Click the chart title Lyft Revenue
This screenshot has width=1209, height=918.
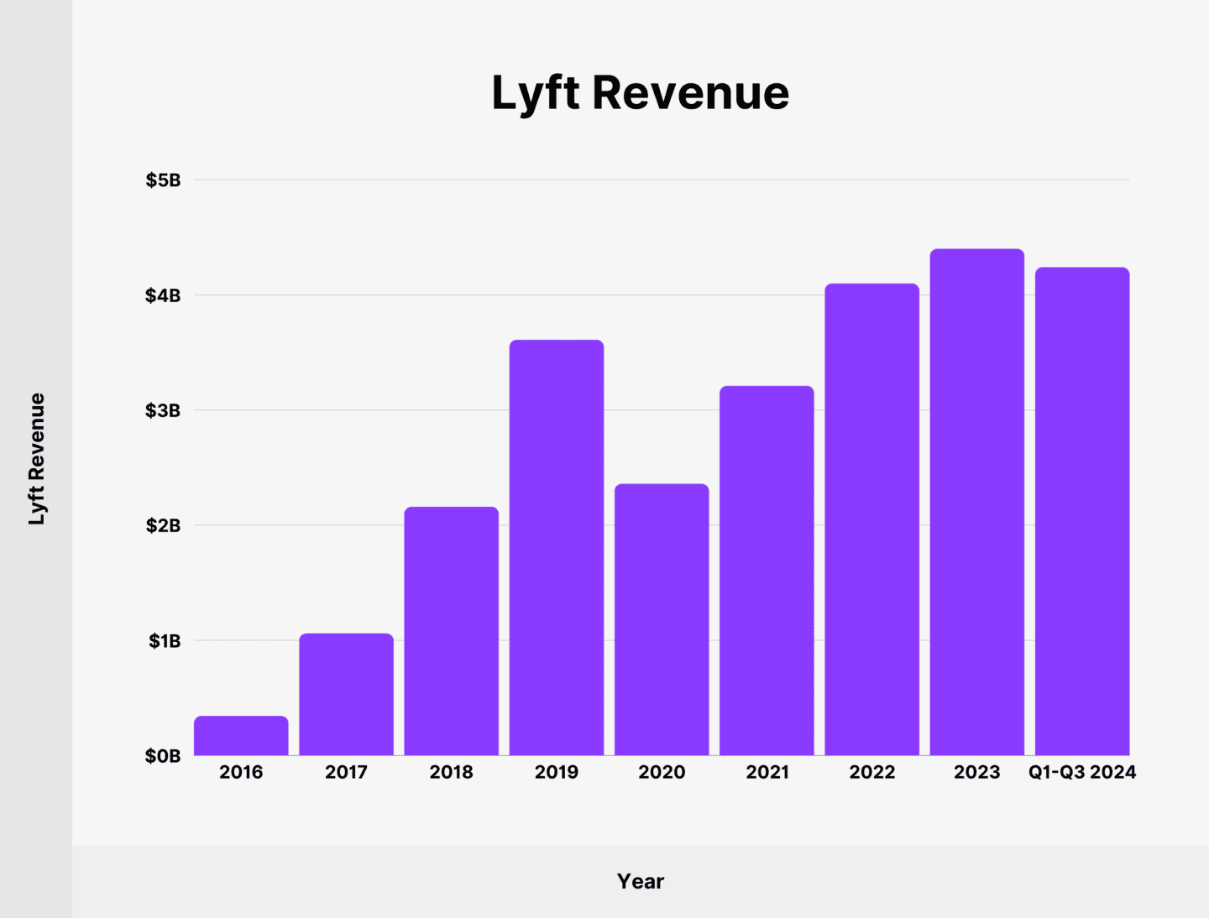pos(640,92)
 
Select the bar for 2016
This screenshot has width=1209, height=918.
pos(241,736)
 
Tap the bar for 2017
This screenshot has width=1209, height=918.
pos(346,695)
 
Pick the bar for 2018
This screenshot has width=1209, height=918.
pos(451,631)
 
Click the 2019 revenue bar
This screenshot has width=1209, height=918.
pos(556,548)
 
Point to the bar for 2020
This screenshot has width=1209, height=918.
pos(662,620)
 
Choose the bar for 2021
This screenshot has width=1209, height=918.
pos(767,571)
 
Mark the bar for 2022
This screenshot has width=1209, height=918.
pos(871,519)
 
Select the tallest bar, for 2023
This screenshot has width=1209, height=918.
pos(976,502)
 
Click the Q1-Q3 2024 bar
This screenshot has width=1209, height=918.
pos(1082,511)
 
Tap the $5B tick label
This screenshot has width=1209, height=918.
pos(163,180)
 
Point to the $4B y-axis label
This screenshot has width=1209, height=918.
pos(163,295)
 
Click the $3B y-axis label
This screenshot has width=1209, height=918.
pos(163,410)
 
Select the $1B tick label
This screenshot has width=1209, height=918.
pos(165,641)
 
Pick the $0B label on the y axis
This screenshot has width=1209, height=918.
pos(163,756)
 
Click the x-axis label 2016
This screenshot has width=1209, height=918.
pos(241,772)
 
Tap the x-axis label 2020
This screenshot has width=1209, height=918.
pos(662,772)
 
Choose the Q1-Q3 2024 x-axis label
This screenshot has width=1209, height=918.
pos(1082,772)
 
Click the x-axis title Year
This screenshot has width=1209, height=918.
pos(640,881)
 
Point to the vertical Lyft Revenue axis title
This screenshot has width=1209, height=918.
pos(36,459)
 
